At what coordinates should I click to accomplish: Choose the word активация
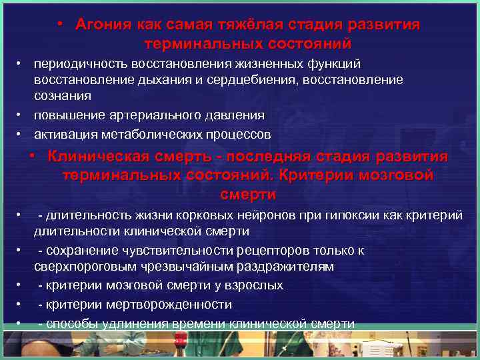click(65, 135)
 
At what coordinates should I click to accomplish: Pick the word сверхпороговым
click(83, 267)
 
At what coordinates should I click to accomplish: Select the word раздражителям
click(286, 267)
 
